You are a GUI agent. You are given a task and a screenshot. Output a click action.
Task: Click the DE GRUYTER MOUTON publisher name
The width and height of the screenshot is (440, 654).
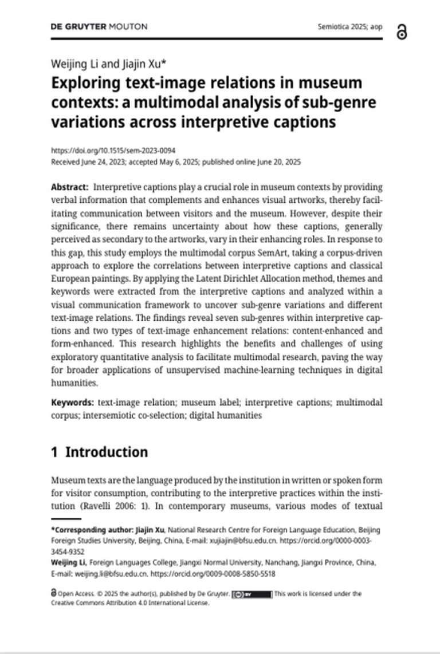99,27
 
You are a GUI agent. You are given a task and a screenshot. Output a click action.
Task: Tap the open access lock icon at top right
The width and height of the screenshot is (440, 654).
402,33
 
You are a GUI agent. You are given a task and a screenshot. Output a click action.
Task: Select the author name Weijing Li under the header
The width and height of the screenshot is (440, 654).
70,64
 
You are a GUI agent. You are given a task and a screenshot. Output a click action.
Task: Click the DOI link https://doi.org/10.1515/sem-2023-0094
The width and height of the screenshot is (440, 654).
113,151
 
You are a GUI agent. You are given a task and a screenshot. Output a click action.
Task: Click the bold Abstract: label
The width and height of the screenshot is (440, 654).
70,187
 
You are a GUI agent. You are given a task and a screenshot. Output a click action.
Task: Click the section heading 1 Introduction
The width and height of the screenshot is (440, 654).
100,452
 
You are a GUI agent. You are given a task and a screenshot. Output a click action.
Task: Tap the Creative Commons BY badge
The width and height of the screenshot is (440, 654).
252,594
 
